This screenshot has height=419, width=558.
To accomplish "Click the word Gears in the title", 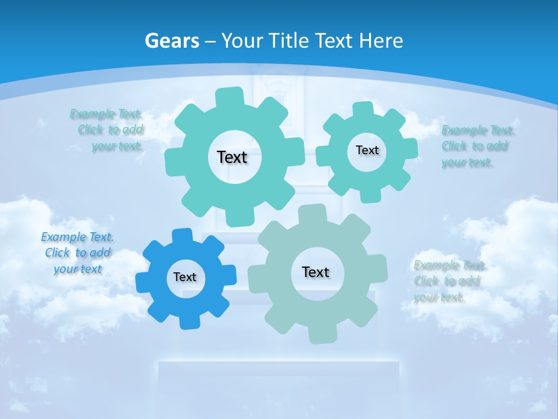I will [171, 41].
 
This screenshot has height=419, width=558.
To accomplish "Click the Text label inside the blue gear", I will [185, 278].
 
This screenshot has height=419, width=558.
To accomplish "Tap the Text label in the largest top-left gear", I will [232, 157].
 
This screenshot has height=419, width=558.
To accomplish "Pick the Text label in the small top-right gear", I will [367, 150].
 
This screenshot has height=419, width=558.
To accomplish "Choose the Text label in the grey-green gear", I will [316, 272].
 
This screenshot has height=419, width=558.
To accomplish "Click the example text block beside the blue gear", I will [77, 253].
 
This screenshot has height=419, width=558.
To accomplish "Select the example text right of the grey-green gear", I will [449, 282].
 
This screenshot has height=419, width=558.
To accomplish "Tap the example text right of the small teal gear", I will [475, 146].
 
